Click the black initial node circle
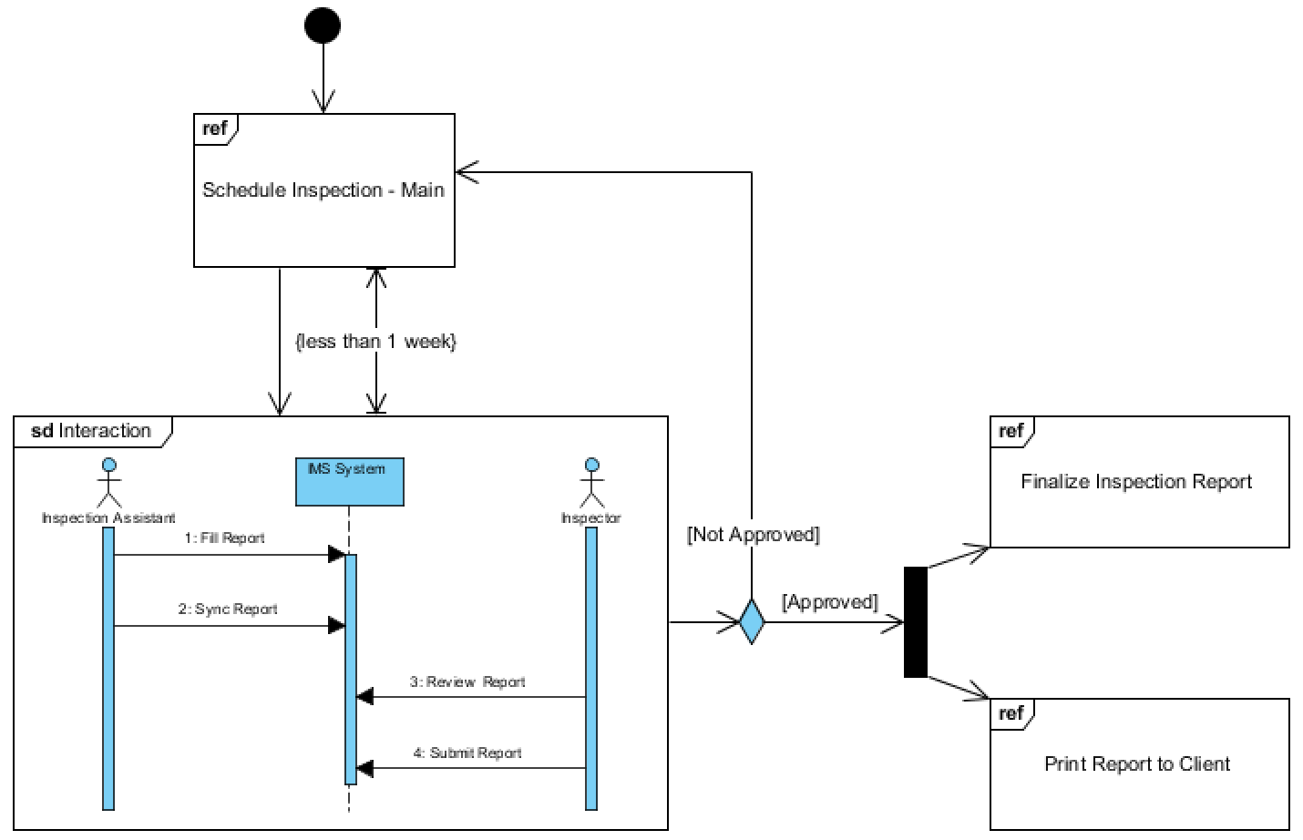click(x=323, y=26)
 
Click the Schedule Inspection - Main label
click(x=323, y=190)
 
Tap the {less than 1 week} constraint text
click(x=375, y=342)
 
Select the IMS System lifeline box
click(x=349, y=482)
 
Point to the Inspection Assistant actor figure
click(x=108, y=484)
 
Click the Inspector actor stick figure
click(x=591, y=484)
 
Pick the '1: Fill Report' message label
click(x=224, y=538)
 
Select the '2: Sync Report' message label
click(x=228, y=610)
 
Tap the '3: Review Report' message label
click(x=467, y=682)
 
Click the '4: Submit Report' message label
click(x=467, y=753)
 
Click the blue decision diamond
click(x=752, y=621)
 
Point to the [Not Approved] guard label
click(x=754, y=535)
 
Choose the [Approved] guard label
click(x=829, y=602)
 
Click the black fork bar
click(x=915, y=622)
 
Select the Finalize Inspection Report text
click(x=1136, y=482)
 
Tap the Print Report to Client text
click(x=1137, y=764)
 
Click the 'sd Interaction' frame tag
click(x=91, y=431)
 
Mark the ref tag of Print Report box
click(x=1011, y=713)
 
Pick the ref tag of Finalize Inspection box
click(x=1011, y=431)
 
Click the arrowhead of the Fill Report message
click(x=336, y=554)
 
